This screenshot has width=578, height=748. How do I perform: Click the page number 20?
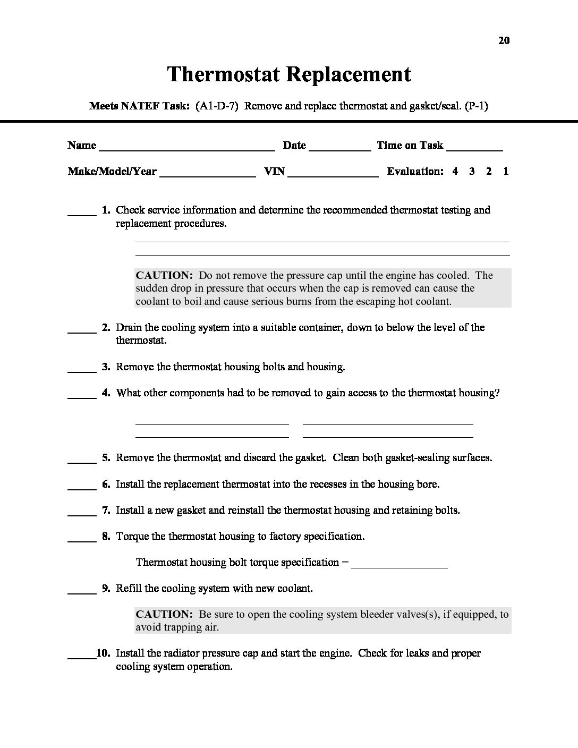(x=504, y=40)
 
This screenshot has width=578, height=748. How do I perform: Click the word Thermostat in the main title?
(x=224, y=74)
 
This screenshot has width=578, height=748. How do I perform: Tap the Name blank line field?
(x=186, y=147)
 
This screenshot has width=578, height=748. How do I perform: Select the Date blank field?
(x=339, y=147)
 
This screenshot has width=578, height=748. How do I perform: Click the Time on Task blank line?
(x=475, y=147)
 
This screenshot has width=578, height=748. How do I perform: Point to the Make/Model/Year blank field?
(x=207, y=172)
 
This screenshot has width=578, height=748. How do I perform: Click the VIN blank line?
(x=333, y=172)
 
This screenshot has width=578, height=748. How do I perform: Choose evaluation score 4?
(x=455, y=171)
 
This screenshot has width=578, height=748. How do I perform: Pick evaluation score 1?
(x=506, y=171)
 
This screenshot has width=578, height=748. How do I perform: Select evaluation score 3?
(x=472, y=171)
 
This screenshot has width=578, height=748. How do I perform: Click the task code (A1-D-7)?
(x=216, y=106)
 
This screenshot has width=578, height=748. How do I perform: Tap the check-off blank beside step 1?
(x=82, y=211)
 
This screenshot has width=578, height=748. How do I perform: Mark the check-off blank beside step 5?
(x=82, y=459)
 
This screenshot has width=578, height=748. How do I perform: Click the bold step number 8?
(x=106, y=536)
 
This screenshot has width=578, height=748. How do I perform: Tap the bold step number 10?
(x=103, y=653)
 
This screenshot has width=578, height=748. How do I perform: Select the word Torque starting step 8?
(x=132, y=536)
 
